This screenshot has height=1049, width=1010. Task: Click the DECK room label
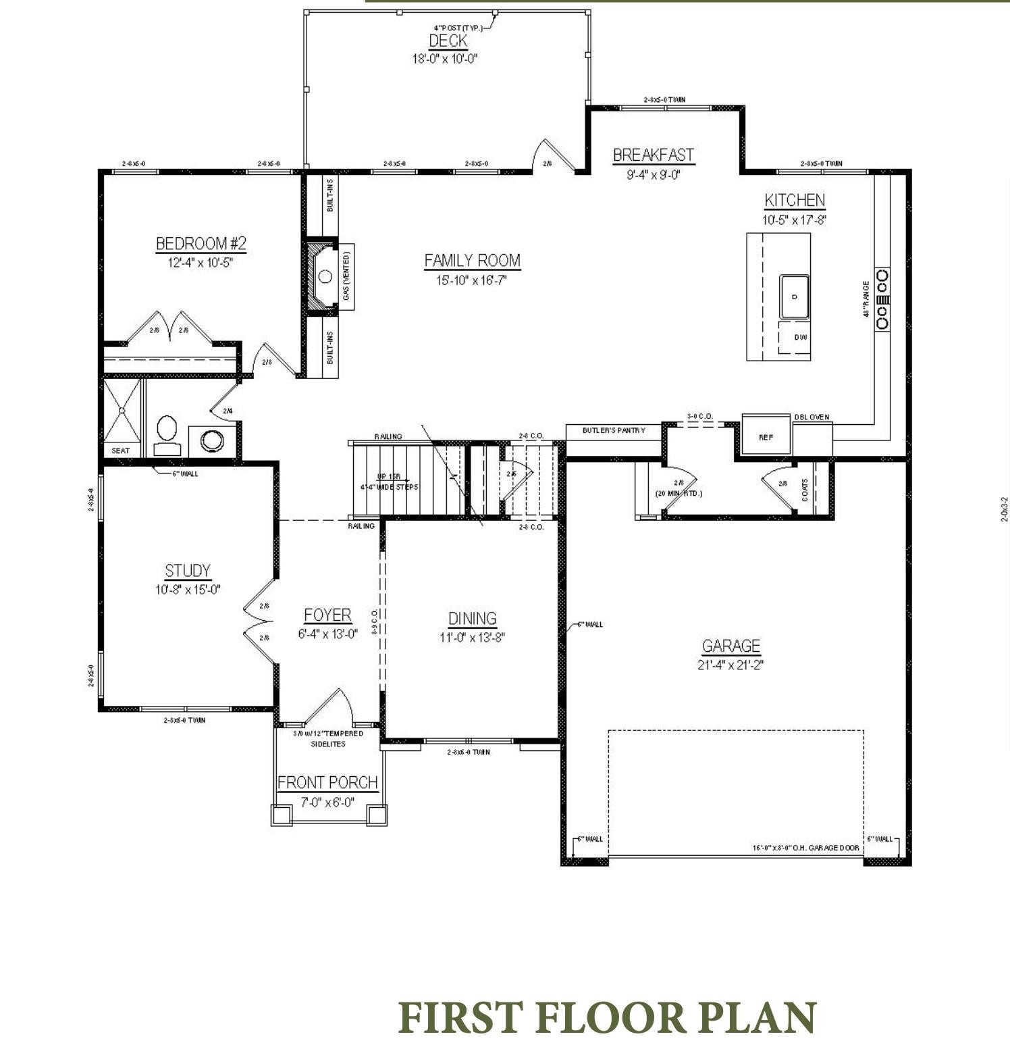[x=448, y=41]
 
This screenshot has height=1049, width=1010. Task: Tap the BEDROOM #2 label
[x=201, y=243]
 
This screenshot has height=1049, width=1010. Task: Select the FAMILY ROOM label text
[x=472, y=261]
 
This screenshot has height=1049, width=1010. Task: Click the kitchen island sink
[x=795, y=297]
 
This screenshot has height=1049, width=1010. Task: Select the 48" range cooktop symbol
[x=882, y=299]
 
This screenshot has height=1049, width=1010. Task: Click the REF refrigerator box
[x=766, y=436]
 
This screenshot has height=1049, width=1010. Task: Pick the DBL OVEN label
[x=812, y=417]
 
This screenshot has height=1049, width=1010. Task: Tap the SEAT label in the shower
[x=121, y=451]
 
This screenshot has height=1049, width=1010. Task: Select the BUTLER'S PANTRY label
[x=614, y=430]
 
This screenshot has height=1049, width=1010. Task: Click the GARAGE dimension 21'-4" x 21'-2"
[x=730, y=665]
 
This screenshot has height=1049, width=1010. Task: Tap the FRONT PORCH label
[x=327, y=783]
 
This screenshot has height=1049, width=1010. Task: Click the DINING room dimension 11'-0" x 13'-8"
[x=472, y=637]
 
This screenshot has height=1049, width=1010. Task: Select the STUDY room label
[x=188, y=571]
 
